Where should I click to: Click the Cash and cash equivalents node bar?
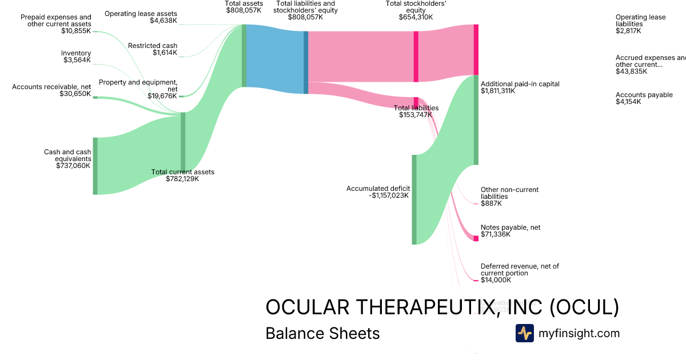tap(95, 166)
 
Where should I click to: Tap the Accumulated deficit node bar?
tap(414, 199)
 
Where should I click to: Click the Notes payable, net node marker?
tap(476, 238)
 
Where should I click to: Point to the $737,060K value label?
tap(73, 166)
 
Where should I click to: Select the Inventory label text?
tap(76, 53)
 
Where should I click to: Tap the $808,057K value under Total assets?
tap(244, 10)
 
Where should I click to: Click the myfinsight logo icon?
tap(524, 333)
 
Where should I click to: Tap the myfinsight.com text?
tap(579, 333)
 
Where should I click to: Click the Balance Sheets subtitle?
tap(322, 333)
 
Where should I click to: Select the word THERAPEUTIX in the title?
tap(421, 307)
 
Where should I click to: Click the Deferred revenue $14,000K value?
tap(496, 280)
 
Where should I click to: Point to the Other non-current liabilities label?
tap(509, 193)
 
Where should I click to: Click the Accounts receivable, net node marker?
tap(95, 97)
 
